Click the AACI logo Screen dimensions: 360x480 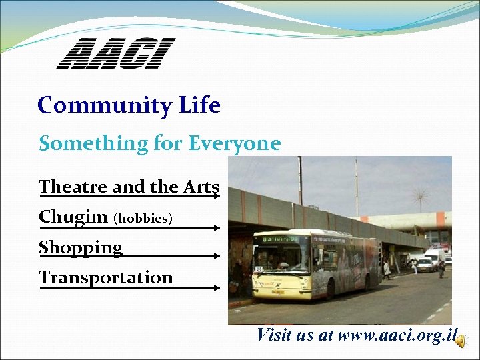[115, 53]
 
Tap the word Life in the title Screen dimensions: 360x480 [199, 105]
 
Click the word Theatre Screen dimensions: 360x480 [74, 187]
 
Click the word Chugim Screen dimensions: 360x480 [73, 217]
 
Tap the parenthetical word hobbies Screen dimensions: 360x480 [143, 219]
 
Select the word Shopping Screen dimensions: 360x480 [81, 247]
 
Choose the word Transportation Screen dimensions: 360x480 [106, 277]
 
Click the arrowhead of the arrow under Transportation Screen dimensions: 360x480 [217, 288]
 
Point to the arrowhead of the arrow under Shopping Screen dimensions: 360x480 [217, 255]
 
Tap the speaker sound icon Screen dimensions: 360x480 [460, 340]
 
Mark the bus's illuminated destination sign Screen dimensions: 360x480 [280, 238]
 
